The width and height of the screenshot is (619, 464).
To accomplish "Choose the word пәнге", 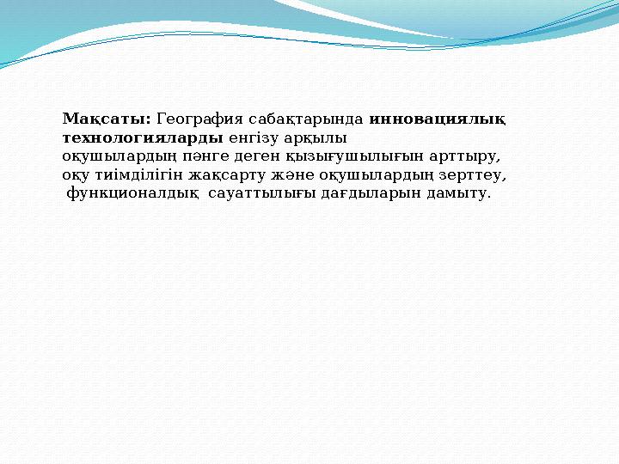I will click(x=206, y=156).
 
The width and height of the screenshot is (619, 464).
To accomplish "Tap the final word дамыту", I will click(x=460, y=194).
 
